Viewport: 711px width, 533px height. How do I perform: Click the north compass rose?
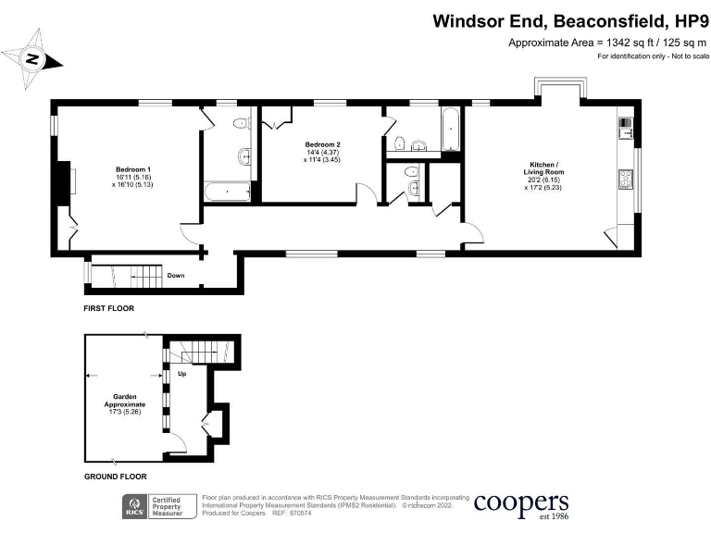32,59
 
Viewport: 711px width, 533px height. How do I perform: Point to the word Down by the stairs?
176,275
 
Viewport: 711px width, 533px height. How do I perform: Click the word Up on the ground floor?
181,374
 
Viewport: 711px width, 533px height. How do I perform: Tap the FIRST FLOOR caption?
109,308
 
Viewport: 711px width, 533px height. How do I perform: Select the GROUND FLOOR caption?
115,477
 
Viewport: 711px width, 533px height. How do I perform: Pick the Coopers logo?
521,505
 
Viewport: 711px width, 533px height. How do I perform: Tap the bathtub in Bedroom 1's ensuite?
228,192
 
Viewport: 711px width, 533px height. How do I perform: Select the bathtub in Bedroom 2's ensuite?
450,130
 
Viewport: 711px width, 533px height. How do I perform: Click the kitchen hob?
626,179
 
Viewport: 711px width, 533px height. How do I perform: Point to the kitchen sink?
626,129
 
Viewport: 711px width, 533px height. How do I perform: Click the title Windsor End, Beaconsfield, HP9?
570,21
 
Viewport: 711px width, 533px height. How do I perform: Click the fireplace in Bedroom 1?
63,182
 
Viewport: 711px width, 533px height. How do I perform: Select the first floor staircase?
127,276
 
